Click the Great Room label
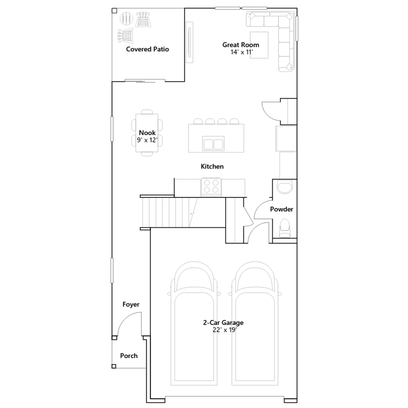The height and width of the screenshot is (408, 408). (x=241, y=45)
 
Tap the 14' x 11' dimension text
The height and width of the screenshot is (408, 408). (x=241, y=52)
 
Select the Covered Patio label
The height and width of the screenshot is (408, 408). (x=147, y=49)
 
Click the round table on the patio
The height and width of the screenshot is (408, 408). (x=126, y=18)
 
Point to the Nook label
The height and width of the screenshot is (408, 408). (x=147, y=133)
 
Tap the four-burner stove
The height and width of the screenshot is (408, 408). (x=211, y=187)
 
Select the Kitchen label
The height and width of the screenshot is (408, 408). (x=212, y=167)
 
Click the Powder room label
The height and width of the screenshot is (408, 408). (x=282, y=209)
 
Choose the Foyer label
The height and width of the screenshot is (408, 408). (x=131, y=304)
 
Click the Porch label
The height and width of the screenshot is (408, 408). (x=129, y=356)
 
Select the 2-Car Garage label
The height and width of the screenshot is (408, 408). (x=223, y=323)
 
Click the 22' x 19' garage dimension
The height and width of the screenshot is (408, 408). (x=225, y=330)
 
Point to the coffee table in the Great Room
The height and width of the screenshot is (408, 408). (x=259, y=45)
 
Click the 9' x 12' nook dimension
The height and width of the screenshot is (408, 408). (x=147, y=140)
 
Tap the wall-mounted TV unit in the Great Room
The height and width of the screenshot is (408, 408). (x=189, y=42)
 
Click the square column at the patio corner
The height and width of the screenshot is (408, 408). (x=114, y=11)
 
